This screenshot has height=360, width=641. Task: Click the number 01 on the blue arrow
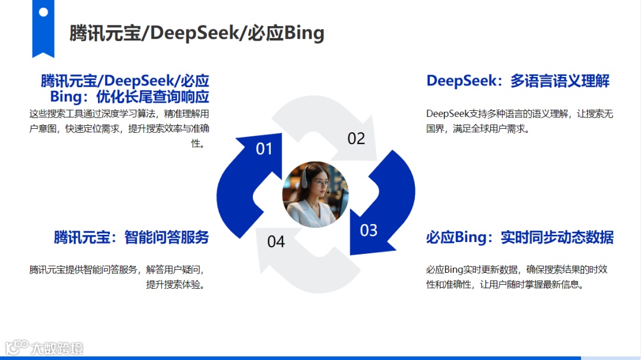[x=264, y=149]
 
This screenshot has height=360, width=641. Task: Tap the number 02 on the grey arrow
[x=356, y=139]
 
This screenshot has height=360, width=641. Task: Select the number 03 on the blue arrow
[x=369, y=230]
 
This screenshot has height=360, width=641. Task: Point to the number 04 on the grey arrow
[x=276, y=241]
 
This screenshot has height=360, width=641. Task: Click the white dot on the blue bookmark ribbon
[x=43, y=12]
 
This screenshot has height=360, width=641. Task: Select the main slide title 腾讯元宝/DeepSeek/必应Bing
[x=196, y=33]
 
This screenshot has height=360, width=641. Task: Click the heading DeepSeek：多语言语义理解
[x=518, y=81]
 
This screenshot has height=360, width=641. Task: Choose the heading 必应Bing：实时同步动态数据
[x=519, y=238]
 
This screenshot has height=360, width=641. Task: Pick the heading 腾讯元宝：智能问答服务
[x=131, y=238]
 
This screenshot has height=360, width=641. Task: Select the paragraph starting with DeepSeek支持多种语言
[x=519, y=121]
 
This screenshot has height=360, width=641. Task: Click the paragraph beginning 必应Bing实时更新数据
[x=516, y=277]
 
